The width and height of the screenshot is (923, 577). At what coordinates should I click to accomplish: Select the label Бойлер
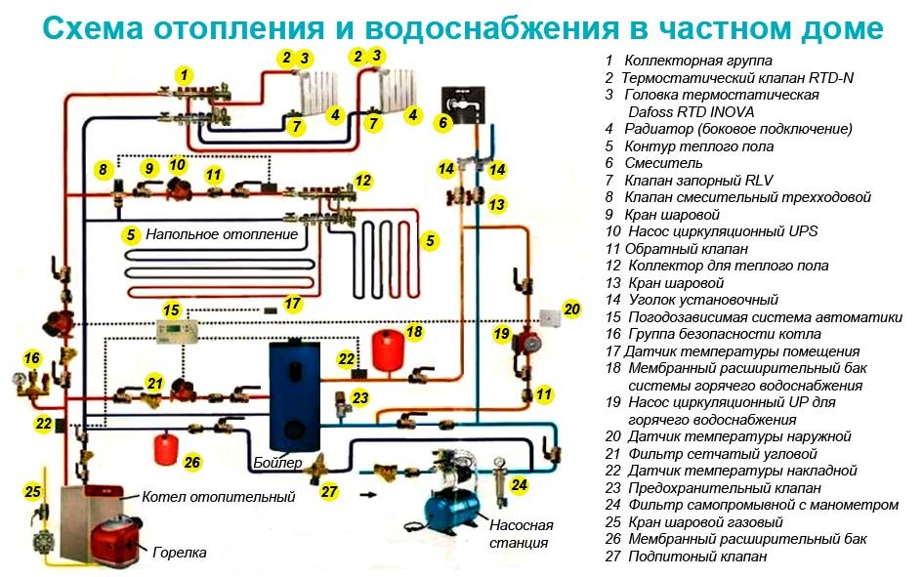coord(277,462)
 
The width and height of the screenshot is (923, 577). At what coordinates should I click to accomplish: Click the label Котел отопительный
coord(218,497)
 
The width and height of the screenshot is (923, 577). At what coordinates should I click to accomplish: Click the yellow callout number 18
coord(414,332)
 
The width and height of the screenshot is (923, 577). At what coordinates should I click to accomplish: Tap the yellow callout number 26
coord(191,462)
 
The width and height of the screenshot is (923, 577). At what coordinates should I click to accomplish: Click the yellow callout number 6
coord(442,123)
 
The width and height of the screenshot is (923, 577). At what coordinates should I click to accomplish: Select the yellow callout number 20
coord(571,309)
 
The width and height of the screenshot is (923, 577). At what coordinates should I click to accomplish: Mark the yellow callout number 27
coord(329,491)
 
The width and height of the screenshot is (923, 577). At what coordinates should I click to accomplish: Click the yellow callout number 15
coord(171,310)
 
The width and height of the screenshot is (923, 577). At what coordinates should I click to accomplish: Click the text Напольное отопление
coord(222,235)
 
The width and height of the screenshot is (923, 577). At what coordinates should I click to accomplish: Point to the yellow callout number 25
coord(32,491)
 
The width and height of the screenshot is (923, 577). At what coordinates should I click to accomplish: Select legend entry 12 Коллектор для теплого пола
coord(727,266)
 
